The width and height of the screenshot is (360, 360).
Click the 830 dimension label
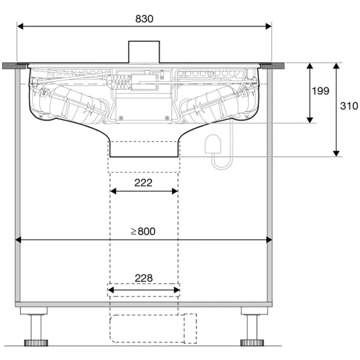[x=144, y=19]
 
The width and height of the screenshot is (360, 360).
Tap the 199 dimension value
[x=321, y=91]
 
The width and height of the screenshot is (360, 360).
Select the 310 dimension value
[x=349, y=106]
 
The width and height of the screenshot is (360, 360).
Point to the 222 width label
[x=144, y=183]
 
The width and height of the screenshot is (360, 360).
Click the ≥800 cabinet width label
[x=143, y=231]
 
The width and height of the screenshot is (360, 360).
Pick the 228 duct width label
[x=144, y=278]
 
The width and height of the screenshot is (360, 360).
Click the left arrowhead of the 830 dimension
[x=20, y=26]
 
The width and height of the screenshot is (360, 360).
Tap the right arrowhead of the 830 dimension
[x=269, y=26]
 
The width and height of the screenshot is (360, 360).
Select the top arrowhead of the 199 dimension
[x=310, y=66]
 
